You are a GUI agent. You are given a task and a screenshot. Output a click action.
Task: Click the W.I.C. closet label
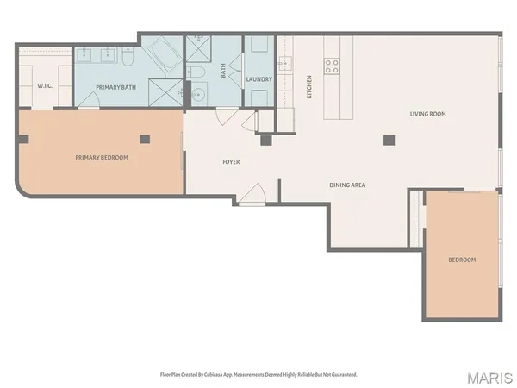tap(45, 86)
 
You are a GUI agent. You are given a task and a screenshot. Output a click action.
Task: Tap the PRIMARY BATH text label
tap(115, 88)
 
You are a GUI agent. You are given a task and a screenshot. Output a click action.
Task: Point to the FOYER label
tap(231, 161)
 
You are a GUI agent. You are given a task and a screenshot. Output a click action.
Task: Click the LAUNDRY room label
tap(259, 79)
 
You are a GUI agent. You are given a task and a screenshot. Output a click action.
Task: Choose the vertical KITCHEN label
tap(309, 86)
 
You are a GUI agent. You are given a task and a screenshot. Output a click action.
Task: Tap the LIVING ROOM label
tap(427, 114)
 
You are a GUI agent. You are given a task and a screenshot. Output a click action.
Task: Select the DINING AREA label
tap(349, 185)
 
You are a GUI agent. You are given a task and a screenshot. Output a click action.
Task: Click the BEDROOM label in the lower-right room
tap(461, 260)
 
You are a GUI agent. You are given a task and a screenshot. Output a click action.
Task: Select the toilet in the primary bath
tap(128, 57)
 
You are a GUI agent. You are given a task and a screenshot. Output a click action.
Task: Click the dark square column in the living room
tap(389, 140)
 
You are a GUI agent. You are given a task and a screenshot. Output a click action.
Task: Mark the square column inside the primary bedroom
tap(145, 138)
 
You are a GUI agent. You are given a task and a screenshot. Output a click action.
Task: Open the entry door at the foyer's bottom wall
tap(252, 197)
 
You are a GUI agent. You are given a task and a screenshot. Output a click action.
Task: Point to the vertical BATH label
tap(223, 72)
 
